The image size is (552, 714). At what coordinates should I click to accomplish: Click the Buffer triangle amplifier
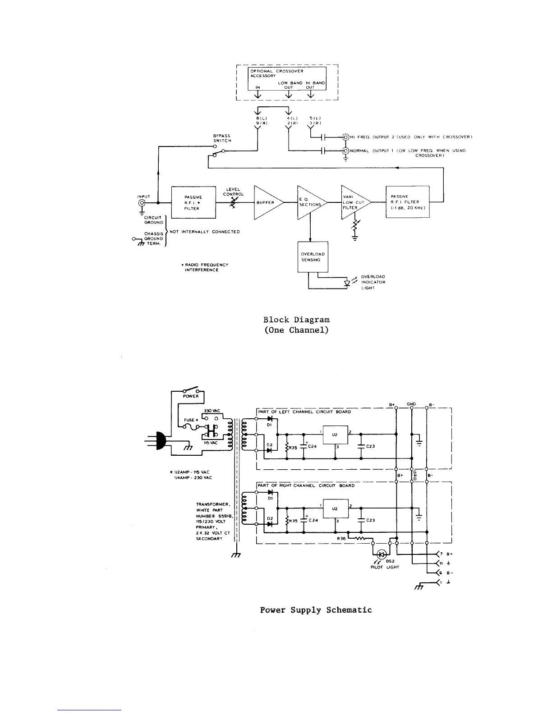267,203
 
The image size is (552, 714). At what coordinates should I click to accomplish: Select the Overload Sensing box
313,257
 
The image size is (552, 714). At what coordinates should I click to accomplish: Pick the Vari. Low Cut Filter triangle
354,202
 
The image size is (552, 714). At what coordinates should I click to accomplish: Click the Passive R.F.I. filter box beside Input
193,203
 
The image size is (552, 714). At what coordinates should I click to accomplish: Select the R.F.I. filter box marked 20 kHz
407,202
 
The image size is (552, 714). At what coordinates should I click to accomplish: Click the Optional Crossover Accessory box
287,78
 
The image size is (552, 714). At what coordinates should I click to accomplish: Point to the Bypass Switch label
222,138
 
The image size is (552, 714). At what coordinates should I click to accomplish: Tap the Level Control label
233,192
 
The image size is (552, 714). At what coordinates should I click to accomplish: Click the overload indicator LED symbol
347,283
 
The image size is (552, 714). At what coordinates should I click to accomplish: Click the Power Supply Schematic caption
316,610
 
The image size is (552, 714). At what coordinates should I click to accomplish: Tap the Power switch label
191,396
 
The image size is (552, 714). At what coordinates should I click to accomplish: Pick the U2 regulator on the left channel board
335,435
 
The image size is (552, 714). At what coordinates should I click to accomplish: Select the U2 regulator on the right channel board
335,508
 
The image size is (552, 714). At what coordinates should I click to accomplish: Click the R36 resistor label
341,538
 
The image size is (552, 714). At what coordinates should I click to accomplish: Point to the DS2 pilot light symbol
382,554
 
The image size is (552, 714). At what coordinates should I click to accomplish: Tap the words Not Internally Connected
204,232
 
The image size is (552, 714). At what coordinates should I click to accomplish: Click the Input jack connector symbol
142,203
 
